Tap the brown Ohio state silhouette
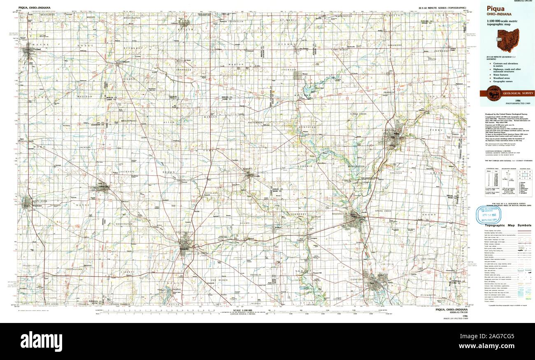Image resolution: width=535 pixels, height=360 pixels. (x=508, y=40)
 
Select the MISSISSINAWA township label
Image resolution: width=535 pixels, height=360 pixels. (x=128, y=121)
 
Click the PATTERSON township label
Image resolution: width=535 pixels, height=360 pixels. (x=255, y=122)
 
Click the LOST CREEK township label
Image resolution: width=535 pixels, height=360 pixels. (x=428, y=259)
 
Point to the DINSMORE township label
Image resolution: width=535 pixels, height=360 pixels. (x=395, y=46)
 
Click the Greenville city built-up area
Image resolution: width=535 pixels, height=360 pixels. (x=185, y=247)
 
